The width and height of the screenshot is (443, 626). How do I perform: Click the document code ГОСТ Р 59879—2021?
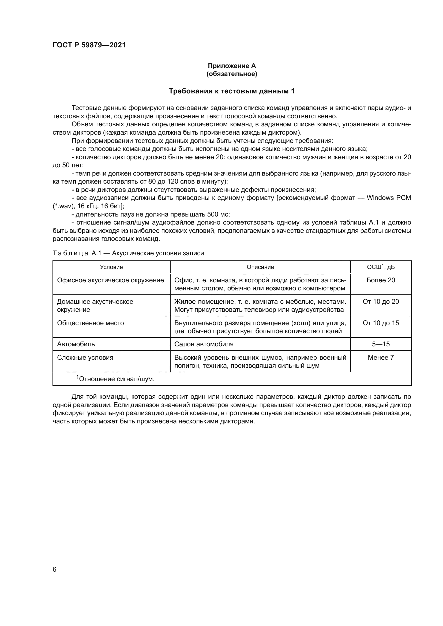click(x=89, y=45)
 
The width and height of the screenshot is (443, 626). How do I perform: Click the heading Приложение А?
click(x=232, y=66)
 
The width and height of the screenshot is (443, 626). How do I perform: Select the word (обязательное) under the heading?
click(x=232, y=74)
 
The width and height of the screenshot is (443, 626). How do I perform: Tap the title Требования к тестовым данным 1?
click(x=232, y=91)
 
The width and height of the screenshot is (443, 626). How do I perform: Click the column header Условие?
click(x=111, y=267)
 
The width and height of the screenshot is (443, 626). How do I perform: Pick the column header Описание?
click(x=260, y=267)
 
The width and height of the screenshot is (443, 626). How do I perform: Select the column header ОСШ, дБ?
click(x=381, y=267)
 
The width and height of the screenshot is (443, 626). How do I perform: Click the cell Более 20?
click(x=381, y=280)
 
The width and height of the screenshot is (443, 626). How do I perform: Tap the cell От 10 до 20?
click(x=381, y=302)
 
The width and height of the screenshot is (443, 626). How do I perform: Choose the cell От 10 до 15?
click(x=381, y=323)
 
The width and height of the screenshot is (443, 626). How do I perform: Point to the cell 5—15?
click(x=381, y=344)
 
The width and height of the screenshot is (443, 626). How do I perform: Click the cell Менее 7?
click(x=381, y=358)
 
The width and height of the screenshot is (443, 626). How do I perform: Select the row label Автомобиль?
click(x=76, y=344)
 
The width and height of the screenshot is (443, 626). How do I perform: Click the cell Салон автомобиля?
click(x=204, y=344)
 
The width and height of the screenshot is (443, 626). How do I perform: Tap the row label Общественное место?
click(x=90, y=323)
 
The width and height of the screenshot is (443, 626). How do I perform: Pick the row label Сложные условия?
click(x=85, y=358)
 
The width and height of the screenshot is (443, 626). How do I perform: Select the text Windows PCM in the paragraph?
click(x=388, y=198)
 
